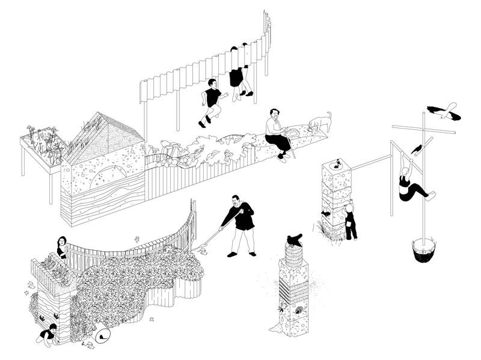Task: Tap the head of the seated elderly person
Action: [274, 114]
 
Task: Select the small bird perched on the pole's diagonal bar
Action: [416, 148]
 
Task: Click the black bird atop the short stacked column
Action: [295, 240]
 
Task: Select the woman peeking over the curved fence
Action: [61, 247]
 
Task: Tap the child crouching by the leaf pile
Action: [47, 335]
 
